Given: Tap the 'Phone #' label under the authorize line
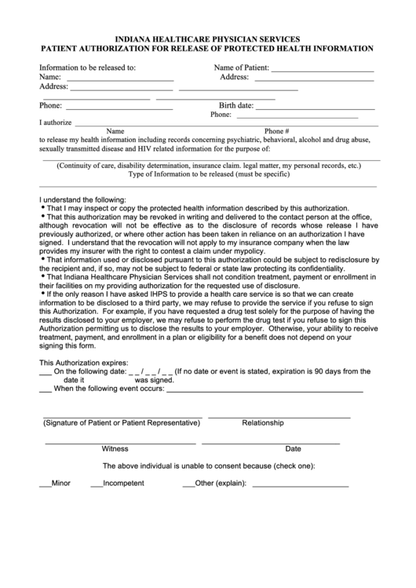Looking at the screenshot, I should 277,131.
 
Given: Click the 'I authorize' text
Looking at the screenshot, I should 55,122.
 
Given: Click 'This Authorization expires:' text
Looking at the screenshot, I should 88,363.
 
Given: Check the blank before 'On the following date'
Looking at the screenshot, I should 45,374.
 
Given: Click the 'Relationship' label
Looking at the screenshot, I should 262,423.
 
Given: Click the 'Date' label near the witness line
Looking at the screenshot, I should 293,449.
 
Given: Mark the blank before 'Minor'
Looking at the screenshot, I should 45,484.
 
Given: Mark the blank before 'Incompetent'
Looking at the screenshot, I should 96,484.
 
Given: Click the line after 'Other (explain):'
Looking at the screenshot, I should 301,485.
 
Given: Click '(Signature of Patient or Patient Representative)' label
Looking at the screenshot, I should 121,423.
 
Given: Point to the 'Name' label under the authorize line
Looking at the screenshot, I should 115,131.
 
